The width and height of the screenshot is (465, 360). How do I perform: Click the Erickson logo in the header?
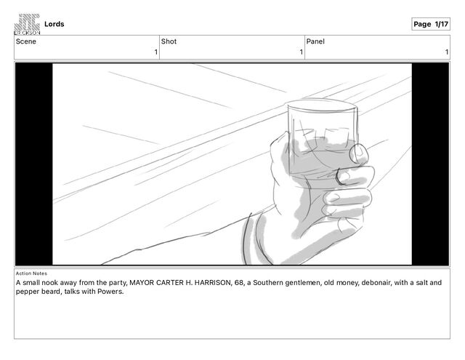(27, 24)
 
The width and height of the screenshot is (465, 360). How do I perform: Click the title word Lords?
(54, 24)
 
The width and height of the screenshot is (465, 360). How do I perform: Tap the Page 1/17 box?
(431, 24)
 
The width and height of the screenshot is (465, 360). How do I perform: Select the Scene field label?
(26, 41)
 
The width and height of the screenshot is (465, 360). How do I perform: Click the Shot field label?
(169, 41)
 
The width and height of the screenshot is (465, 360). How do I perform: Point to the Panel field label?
(315, 41)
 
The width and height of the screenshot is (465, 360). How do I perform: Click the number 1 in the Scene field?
(155, 52)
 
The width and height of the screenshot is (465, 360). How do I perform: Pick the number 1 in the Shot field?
(301, 52)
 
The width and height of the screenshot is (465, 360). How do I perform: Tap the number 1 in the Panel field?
(447, 52)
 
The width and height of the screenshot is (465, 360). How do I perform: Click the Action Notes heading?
(31, 273)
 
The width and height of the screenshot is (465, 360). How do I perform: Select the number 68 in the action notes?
(240, 282)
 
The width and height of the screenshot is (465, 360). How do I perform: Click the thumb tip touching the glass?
(359, 153)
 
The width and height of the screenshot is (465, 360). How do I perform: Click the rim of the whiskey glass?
(321, 105)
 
